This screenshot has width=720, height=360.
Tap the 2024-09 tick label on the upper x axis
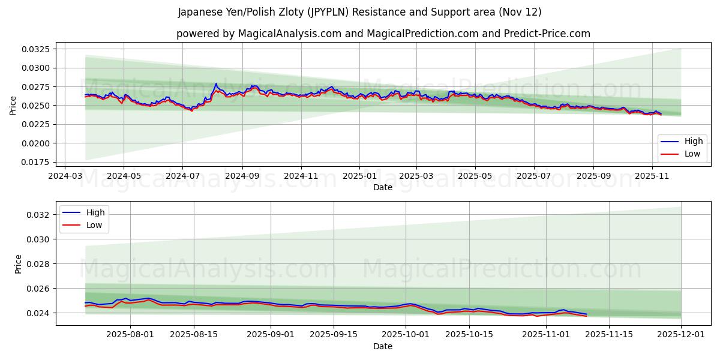242,176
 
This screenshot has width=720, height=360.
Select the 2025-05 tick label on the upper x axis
475,176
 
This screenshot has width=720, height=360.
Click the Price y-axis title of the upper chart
13,106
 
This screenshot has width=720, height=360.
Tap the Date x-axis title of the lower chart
383,346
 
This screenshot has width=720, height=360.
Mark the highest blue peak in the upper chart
216,84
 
